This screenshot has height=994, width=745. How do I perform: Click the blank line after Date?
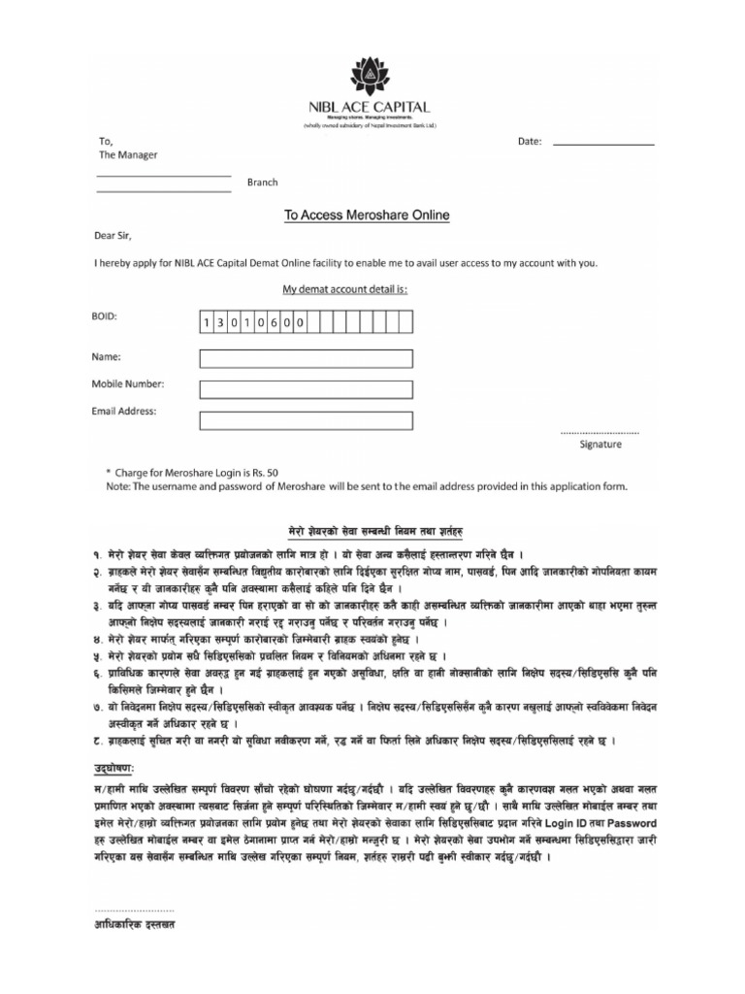coord(603,144)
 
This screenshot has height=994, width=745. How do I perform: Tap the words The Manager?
coord(121,155)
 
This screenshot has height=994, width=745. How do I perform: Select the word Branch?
coord(262,182)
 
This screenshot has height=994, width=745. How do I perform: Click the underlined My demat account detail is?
coord(344,289)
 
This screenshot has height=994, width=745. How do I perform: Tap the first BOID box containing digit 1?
coord(207,321)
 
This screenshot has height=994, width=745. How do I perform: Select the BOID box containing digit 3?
coord(222,321)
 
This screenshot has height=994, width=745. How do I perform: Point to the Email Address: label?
coord(124,412)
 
